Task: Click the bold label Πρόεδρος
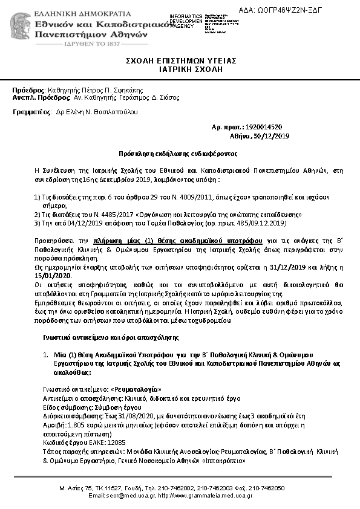(x=28, y=89)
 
